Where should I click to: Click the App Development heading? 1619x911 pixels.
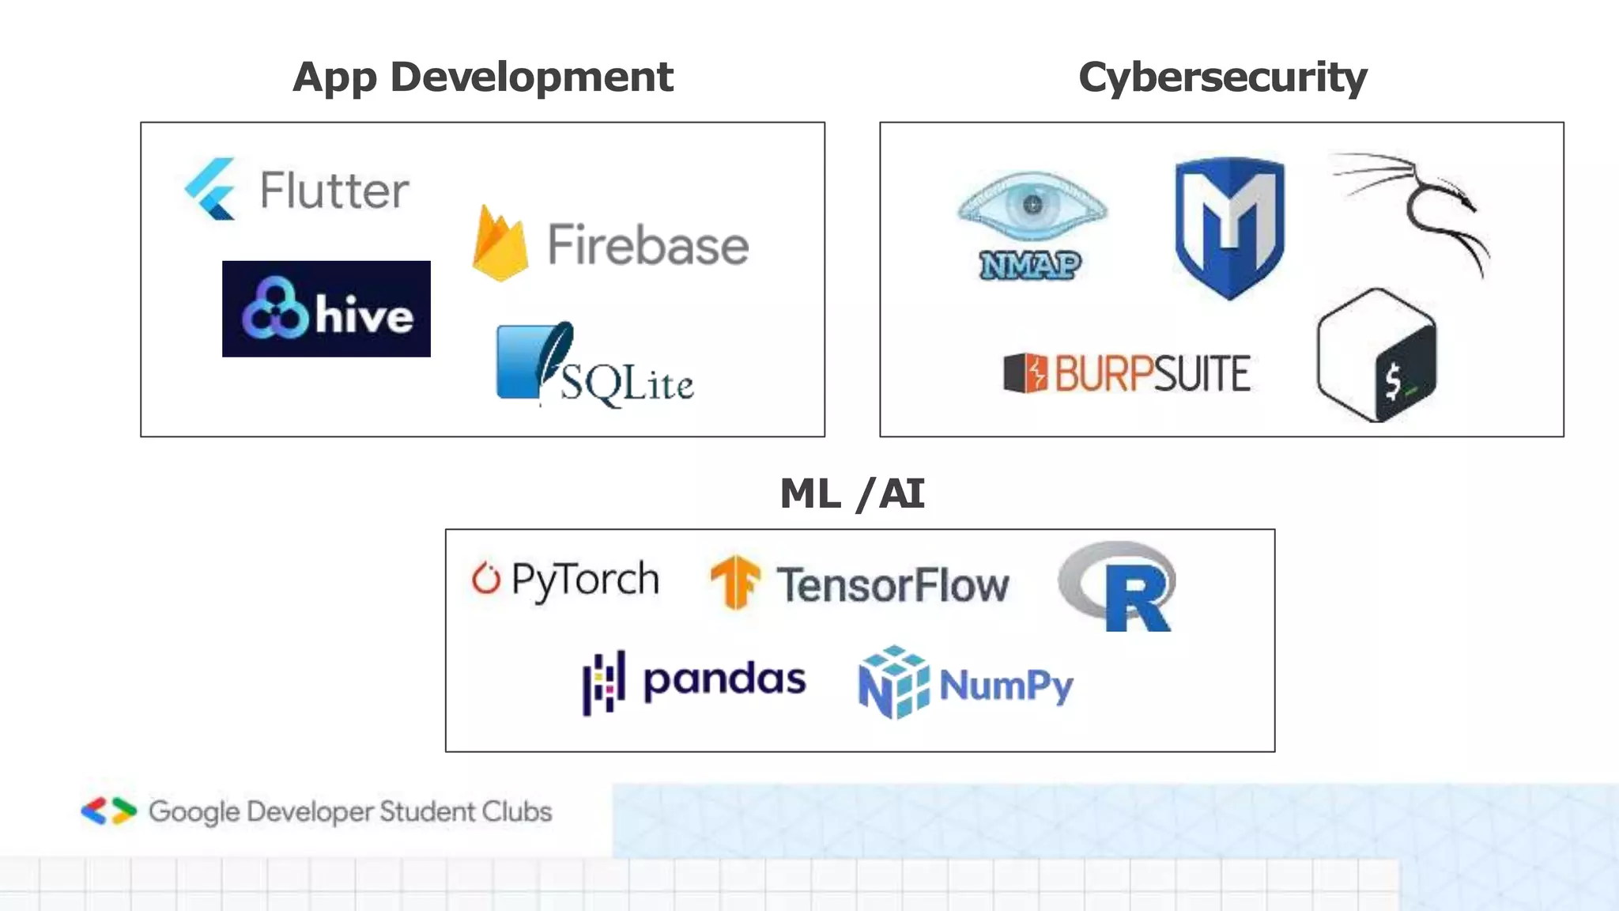pyautogui.click(x=482, y=78)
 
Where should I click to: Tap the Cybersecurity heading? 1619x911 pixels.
pyautogui.click(x=1222, y=78)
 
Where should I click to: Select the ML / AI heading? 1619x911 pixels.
pyautogui.click(x=851, y=494)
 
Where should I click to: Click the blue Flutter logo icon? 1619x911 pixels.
pyautogui.click(x=210, y=188)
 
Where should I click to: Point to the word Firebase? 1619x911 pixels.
pyautogui.click(x=648, y=244)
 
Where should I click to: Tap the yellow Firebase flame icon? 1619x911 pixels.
pyautogui.click(x=500, y=243)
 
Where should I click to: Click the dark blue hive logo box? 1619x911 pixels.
pyautogui.click(x=326, y=309)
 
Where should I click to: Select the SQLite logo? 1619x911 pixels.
pyautogui.click(x=594, y=365)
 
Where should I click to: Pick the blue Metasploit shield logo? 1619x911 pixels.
pyautogui.click(x=1229, y=226)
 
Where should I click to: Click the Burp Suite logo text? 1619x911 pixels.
pyautogui.click(x=1152, y=373)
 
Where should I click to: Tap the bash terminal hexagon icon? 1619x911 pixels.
pyautogui.click(x=1376, y=355)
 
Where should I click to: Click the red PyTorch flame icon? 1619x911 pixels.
pyautogui.click(x=485, y=578)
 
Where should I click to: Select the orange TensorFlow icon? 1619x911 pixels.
pyautogui.click(x=734, y=583)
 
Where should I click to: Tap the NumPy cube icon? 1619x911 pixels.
pyautogui.click(x=893, y=682)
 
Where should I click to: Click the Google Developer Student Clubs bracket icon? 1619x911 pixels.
pyautogui.click(x=109, y=811)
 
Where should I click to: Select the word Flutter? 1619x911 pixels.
pyautogui.click(x=334, y=191)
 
